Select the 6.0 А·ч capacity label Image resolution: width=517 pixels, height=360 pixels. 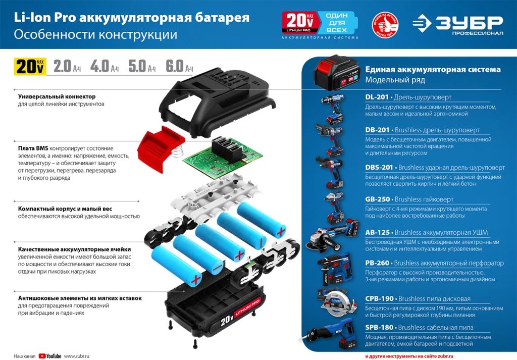tap(179, 66)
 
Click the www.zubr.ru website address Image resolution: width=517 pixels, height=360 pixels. tap(77, 356)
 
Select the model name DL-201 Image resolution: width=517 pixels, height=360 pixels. tap(376, 97)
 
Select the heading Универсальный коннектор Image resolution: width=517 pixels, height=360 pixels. tap(57, 96)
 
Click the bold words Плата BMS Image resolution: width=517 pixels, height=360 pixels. tap(33, 148)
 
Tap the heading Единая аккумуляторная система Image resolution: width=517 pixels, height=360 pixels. tap(433, 70)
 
